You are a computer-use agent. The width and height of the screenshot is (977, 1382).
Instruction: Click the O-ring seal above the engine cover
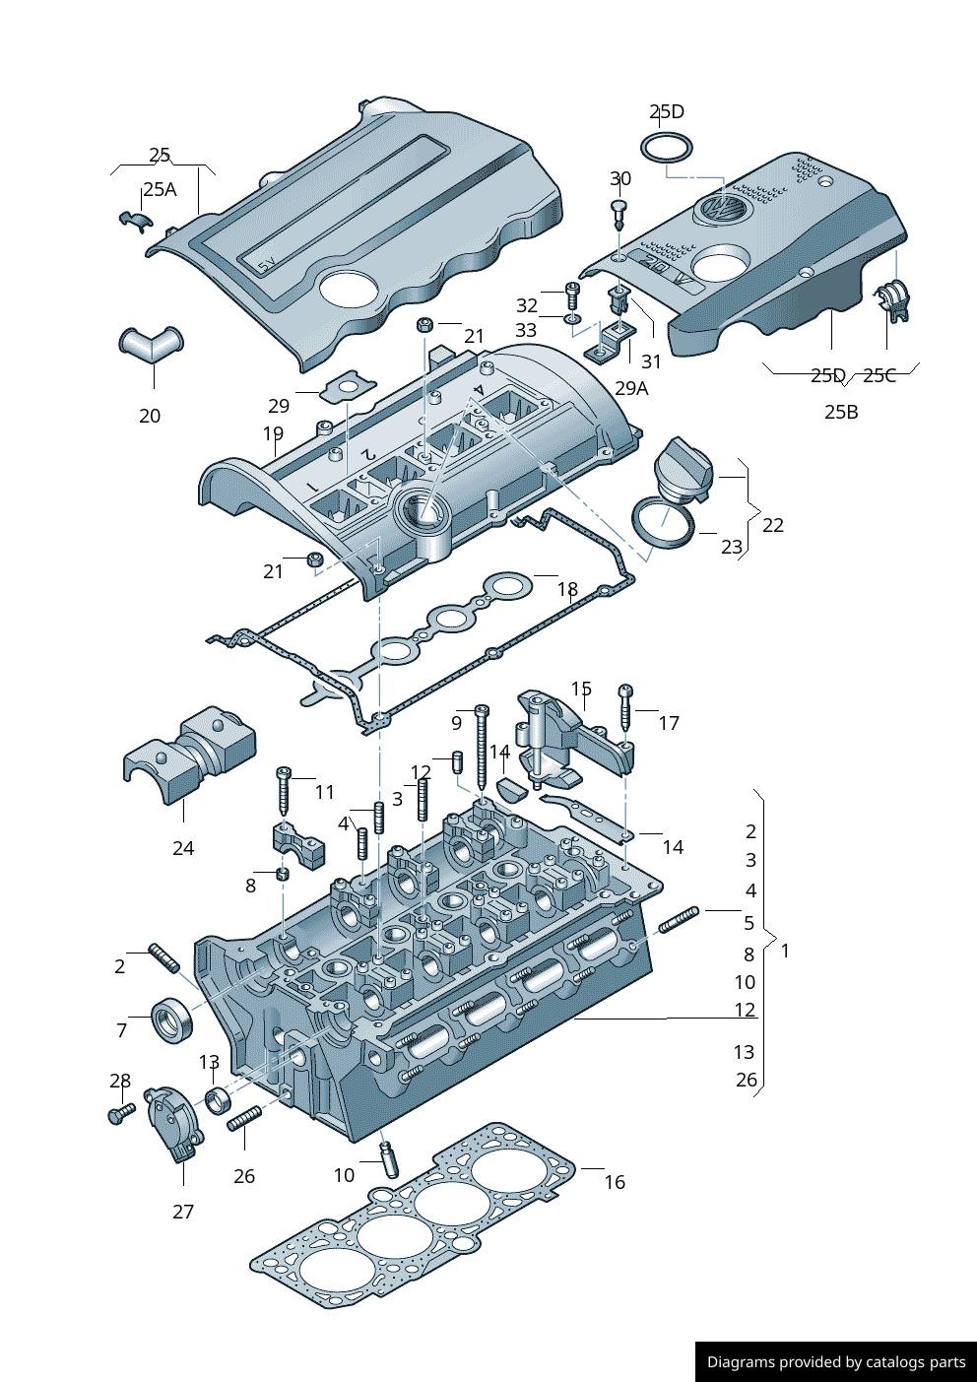click(x=667, y=149)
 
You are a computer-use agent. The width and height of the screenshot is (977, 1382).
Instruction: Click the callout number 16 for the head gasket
click(x=615, y=1182)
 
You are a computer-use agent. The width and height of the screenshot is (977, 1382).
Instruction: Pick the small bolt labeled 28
click(x=119, y=1113)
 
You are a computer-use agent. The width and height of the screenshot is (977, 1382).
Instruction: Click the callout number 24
click(x=183, y=848)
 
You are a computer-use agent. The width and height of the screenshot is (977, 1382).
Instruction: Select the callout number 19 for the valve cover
click(x=273, y=433)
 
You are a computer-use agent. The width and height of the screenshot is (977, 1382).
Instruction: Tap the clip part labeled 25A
click(x=132, y=219)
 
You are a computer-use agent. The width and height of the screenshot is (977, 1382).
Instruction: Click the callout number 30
click(x=620, y=178)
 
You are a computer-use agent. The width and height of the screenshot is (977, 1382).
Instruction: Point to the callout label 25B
click(x=841, y=412)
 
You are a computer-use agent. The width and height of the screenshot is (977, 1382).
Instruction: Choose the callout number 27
click(x=183, y=1212)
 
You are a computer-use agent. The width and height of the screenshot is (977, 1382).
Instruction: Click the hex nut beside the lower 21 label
click(x=315, y=560)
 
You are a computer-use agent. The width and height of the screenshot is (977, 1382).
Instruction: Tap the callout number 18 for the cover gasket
click(x=567, y=589)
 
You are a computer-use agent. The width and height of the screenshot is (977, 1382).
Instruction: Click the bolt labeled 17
click(x=625, y=707)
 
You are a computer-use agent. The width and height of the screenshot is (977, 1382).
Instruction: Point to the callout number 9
click(x=456, y=723)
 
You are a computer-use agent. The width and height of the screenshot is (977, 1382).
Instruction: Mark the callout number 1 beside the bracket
click(x=785, y=951)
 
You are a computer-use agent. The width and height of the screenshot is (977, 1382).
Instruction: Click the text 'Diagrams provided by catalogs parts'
click(x=836, y=1362)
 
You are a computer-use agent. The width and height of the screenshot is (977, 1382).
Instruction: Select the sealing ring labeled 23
click(x=661, y=522)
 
